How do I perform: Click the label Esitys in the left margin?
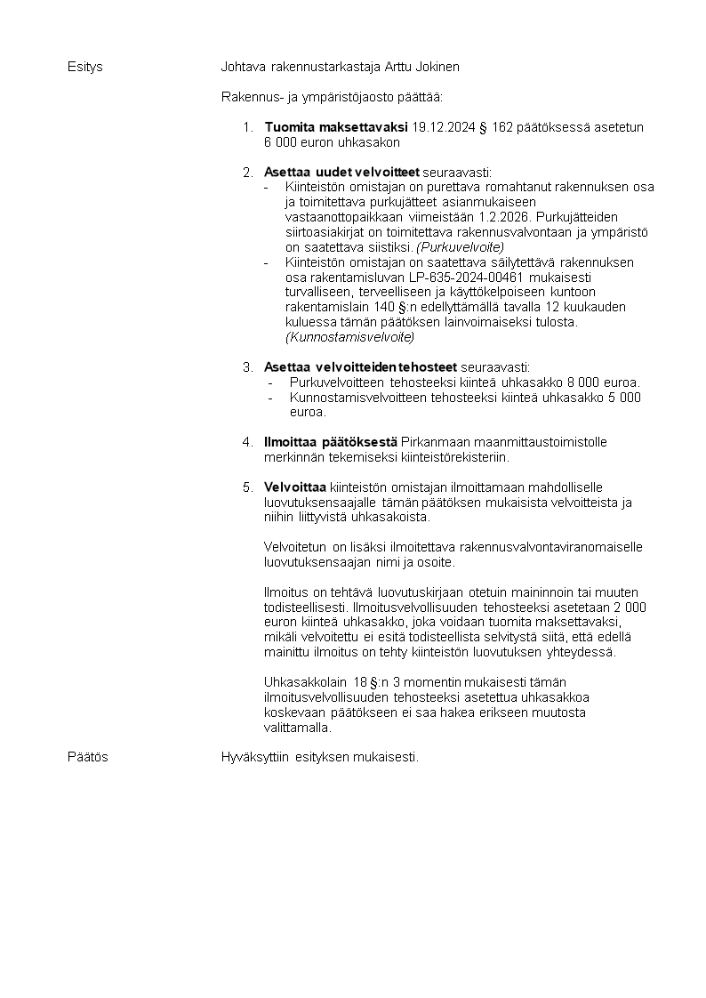85,67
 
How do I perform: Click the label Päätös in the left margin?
88,757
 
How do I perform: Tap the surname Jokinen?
436,67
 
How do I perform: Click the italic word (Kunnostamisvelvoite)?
349,337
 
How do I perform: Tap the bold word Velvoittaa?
295,487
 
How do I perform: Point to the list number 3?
248,367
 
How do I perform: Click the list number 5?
248,487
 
